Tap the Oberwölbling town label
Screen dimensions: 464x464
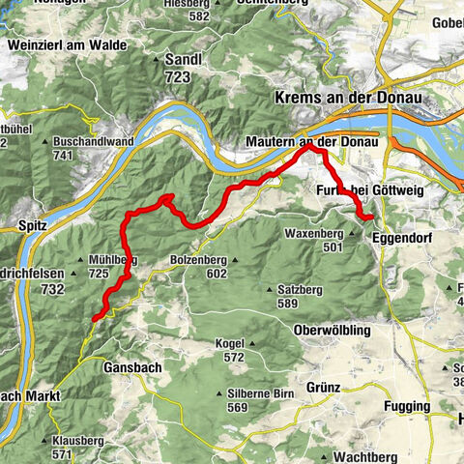point(334,330)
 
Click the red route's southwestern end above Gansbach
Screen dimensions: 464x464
point(96,317)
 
